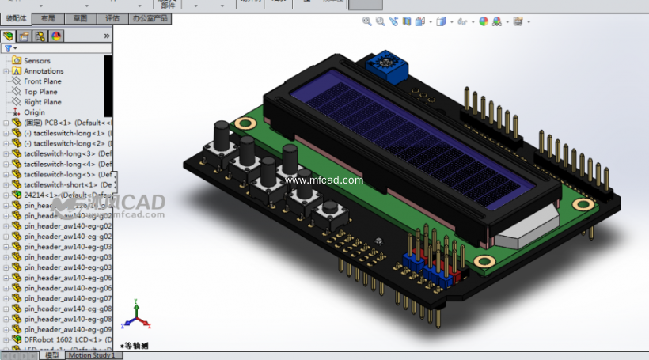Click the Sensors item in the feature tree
pos(36,61)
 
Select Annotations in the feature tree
pos(43,71)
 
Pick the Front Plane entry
pos(42,81)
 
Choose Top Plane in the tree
pos(40,92)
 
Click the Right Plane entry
pos(42,102)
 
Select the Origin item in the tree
pos(34,112)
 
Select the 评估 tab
pos(112,17)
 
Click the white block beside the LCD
pos(522,230)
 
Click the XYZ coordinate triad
pos(135,316)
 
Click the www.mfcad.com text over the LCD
pos(324,180)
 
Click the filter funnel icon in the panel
pos(9,48)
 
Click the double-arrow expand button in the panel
pos(107,36)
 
